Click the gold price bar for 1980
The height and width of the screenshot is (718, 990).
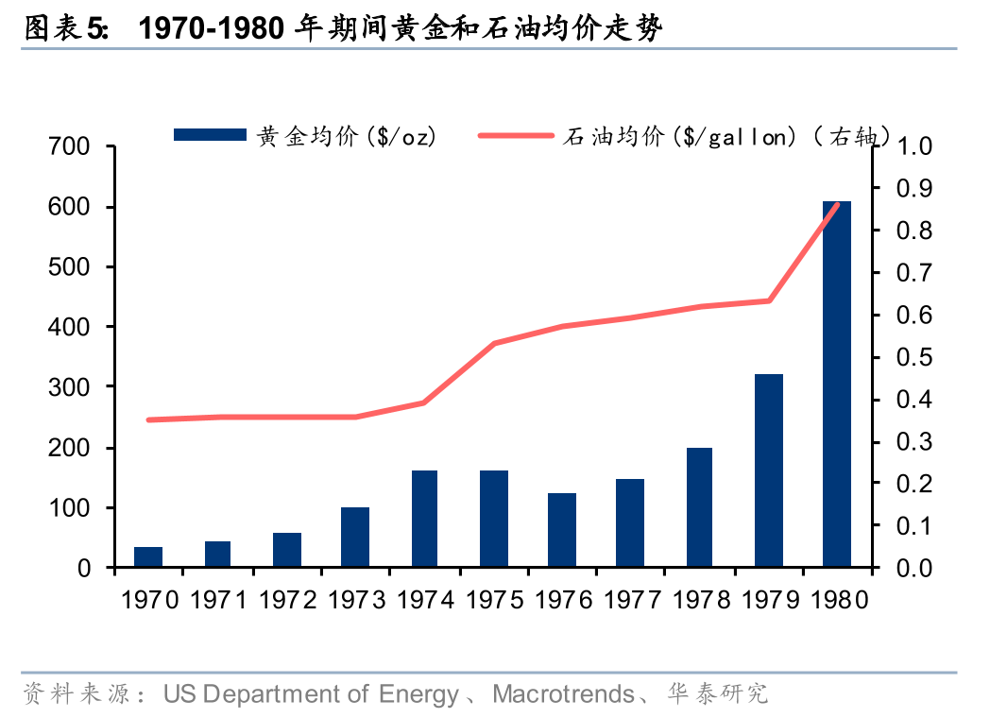pyautogui.click(x=836, y=384)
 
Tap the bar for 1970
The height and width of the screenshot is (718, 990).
pyautogui.click(x=148, y=556)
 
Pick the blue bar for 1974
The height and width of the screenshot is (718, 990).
pyautogui.click(x=424, y=519)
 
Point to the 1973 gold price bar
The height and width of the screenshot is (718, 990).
pyautogui.click(x=355, y=537)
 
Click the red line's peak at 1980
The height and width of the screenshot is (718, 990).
pyautogui.click(x=836, y=205)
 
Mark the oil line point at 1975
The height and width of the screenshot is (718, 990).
pyautogui.click(x=494, y=343)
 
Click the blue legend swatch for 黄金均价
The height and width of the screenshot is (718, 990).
pyautogui.click(x=210, y=136)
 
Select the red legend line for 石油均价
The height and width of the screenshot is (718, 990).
pyautogui.click(x=516, y=136)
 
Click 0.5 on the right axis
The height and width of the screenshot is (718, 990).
pyautogui.click(x=914, y=358)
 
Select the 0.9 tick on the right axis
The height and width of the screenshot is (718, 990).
pyautogui.click(x=914, y=189)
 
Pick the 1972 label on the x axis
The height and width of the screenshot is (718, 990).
pyautogui.click(x=287, y=600)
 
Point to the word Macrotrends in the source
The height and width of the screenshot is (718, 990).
pyautogui.click(x=563, y=695)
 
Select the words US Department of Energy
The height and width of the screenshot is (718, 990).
pyautogui.click(x=311, y=695)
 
